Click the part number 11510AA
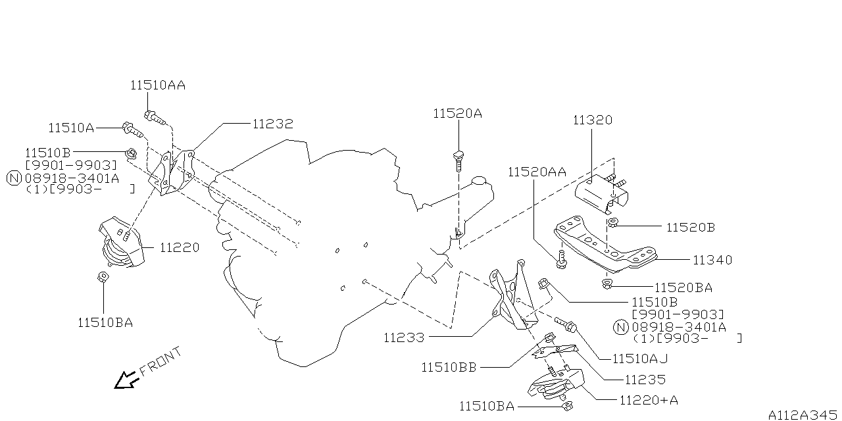(x=157, y=85)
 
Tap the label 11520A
(x=457, y=113)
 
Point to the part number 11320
(x=592, y=120)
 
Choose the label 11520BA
(x=683, y=287)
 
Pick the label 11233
(x=404, y=337)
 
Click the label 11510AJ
(x=640, y=359)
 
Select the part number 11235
(x=645, y=380)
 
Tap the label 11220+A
(x=648, y=400)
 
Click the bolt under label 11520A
(x=458, y=158)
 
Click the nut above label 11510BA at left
(x=103, y=277)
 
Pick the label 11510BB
(x=449, y=368)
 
